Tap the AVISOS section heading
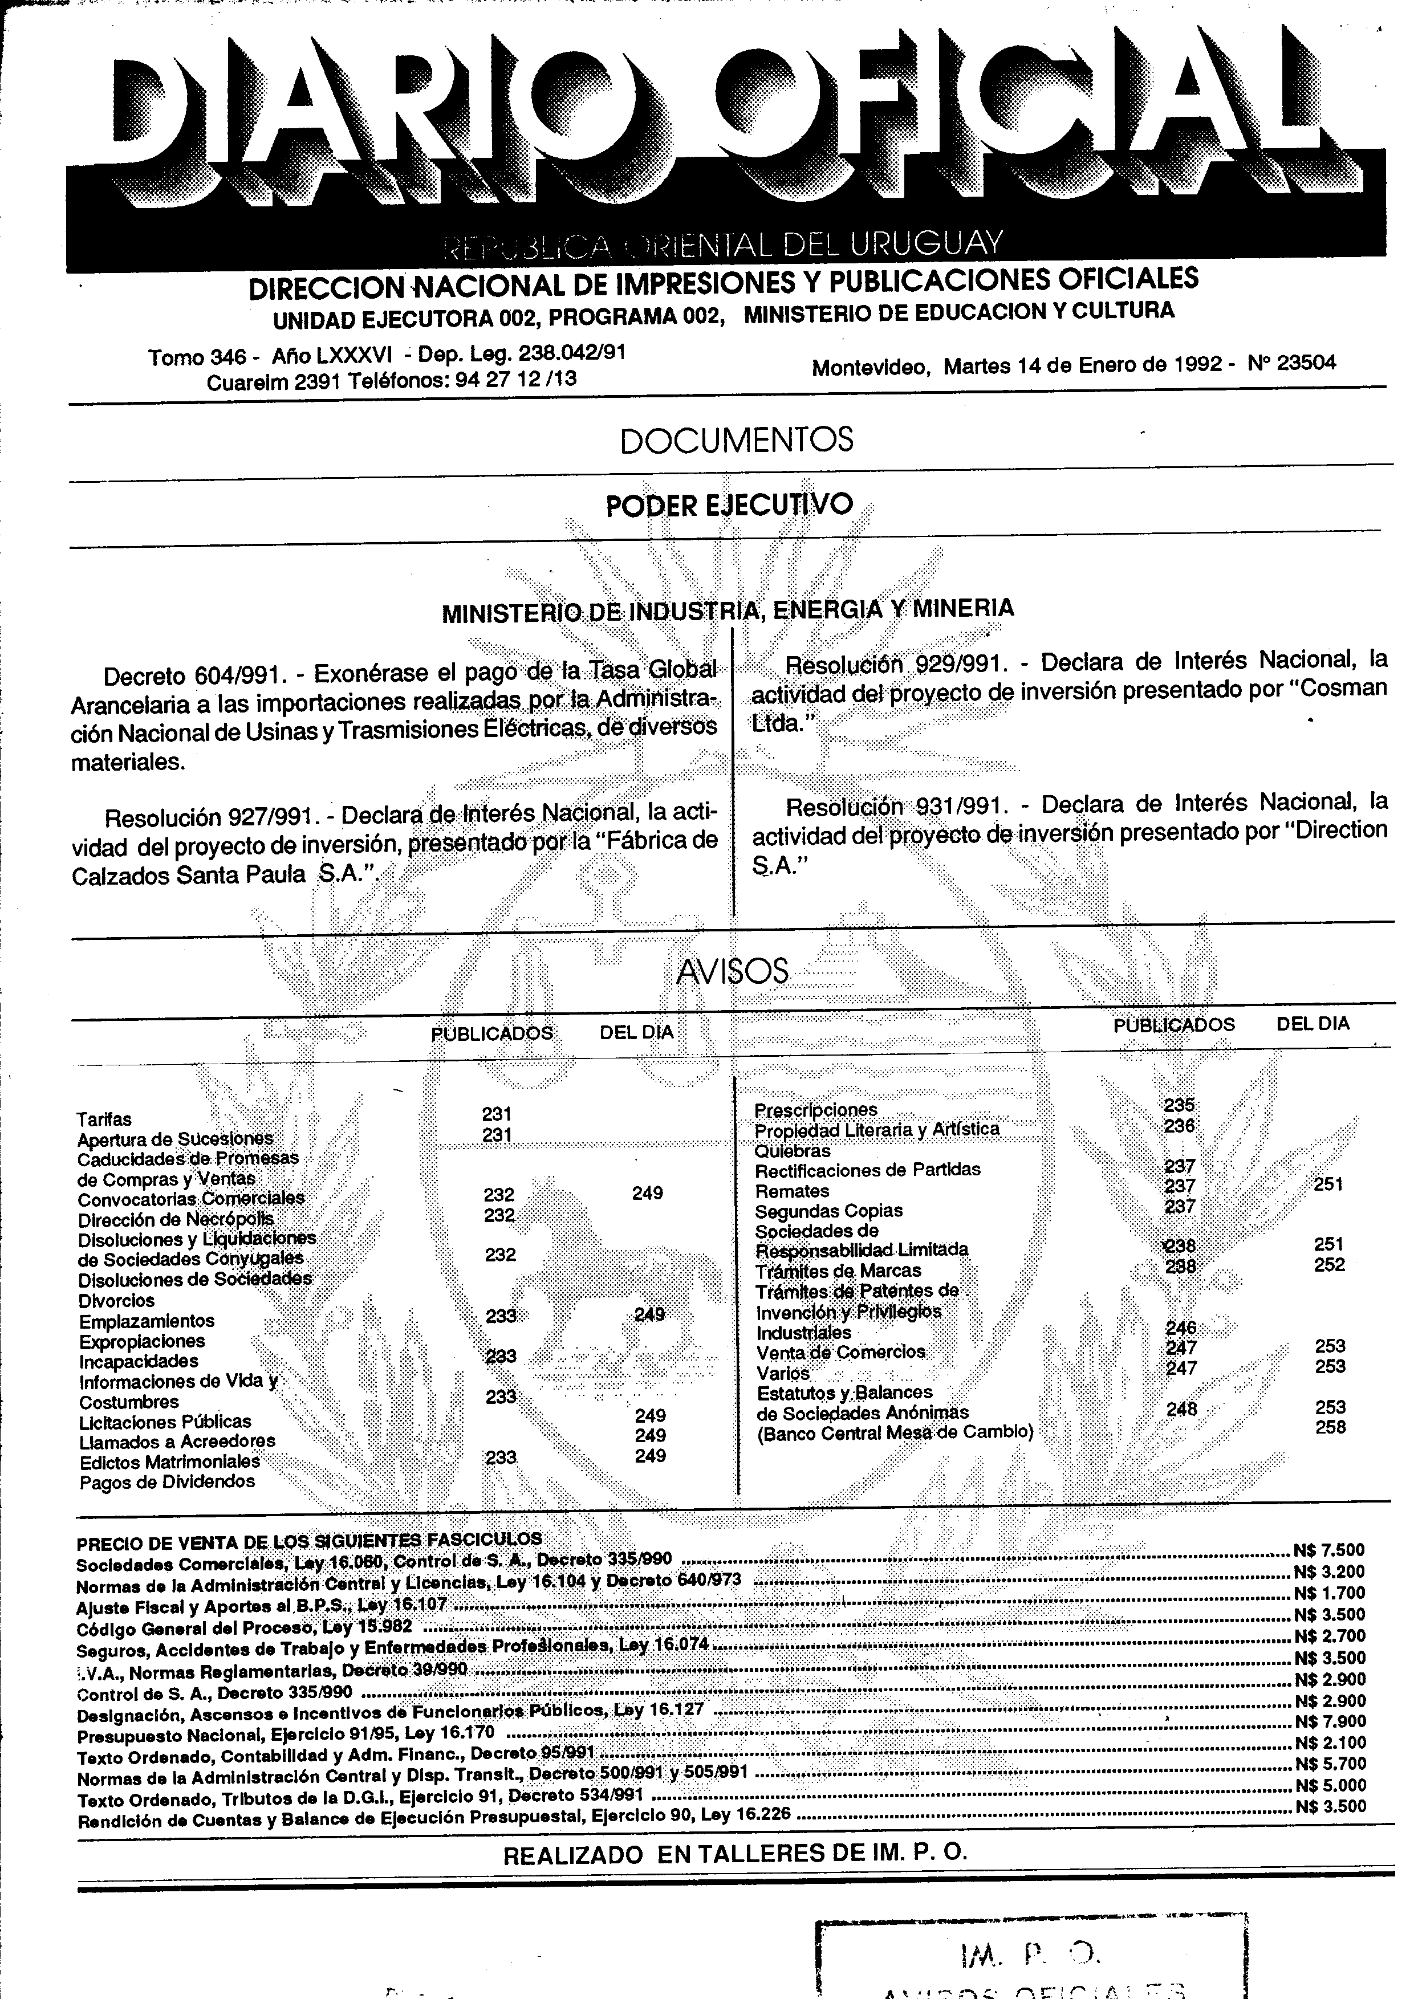click(732, 971)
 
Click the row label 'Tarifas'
click(104, 1119)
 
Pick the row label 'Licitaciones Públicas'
click(165, 1422)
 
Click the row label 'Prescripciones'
click(816, 1109)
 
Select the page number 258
click(1330, 1427)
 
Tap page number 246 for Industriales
click(1181, 1328)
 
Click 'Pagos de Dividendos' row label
click(167, 1482)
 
